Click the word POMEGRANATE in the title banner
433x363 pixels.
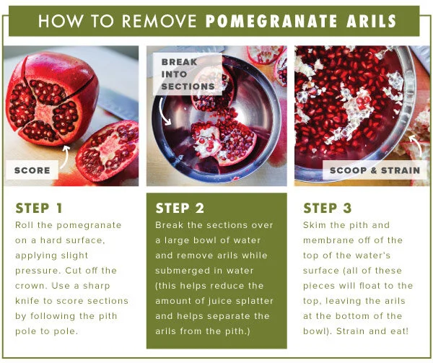pos(271,21)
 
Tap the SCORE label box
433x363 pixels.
pos(32,170)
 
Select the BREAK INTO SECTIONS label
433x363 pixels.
pos(188,74)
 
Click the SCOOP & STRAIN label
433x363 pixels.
pos(375,170)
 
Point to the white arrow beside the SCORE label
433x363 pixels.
pos(65,157)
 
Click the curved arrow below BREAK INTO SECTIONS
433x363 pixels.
pos(164,113)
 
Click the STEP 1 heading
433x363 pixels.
pos(39,208)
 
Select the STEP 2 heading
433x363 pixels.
pos(180,208)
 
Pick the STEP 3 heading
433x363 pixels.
pos(328,208)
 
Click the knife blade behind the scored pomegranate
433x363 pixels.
pos(118,103)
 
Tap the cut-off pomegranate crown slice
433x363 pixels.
pos(108,151)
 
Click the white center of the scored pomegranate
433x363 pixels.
pos(44,112)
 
